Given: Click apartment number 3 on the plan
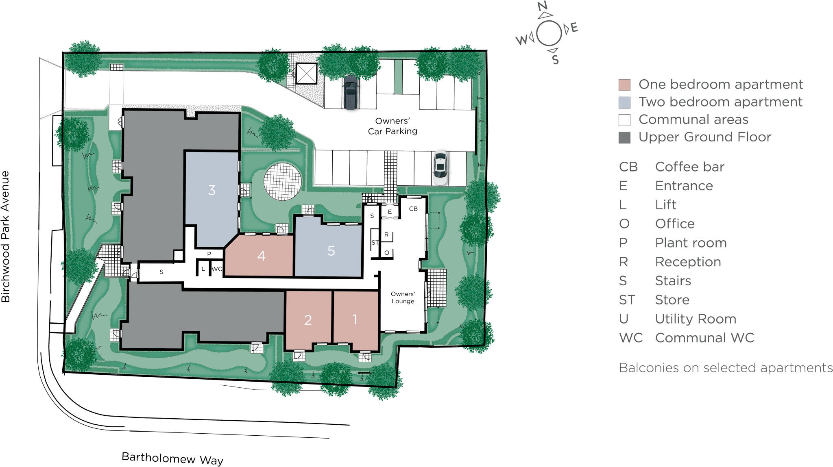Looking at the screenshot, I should (x=212, y=190).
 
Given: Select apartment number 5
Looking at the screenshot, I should (x=331, y=251).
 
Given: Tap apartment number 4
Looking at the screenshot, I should (x=261, y=256).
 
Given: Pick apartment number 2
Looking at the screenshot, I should (x=308, y=320).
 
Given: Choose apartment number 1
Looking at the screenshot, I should (x=355, y=319).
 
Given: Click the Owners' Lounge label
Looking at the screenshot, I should (x=403, y=298).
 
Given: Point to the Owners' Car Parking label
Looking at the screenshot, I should (x=393, y=126).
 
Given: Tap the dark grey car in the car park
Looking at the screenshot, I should (x=351, y=92).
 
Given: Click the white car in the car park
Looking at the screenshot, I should (x=440, y=167).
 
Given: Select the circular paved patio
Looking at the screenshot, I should (x=283, y=182).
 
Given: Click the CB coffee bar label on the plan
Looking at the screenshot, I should (x=413, y=209).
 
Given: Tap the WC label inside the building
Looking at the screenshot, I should (x=217, y=269).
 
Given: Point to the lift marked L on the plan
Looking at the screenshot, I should (x=203, y=269).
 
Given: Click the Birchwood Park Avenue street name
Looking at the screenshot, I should (x=5, y=237).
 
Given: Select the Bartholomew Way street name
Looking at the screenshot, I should (x=172, y=458).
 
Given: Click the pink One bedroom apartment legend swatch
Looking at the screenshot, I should (x=624, y=85).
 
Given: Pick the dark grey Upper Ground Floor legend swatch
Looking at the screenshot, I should (x=624, y=137).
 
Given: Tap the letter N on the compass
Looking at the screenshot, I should (x=542, y=6).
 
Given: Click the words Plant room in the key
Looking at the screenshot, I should (x=691, y=243).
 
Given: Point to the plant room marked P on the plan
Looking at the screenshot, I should (x=209, y=254).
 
